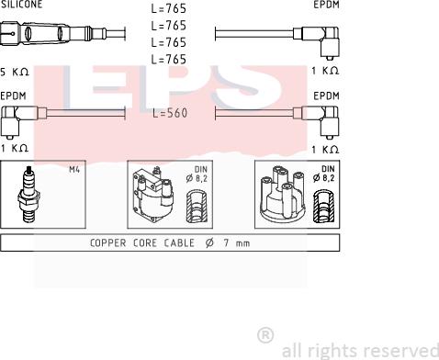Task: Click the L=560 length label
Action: click(x=170, y=113)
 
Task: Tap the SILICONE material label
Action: click(x=21, y=5)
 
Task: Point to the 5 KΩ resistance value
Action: click(x=15, y=73)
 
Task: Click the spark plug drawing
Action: click(x=28, y=194)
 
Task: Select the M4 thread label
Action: click(x=74, y=169)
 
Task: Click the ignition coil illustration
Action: click(x=152, y=195)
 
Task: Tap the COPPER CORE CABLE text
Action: click(x=142, y=243)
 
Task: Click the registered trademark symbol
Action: click(x=265, y=335)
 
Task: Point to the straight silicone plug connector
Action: click(x=53, y=33)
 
